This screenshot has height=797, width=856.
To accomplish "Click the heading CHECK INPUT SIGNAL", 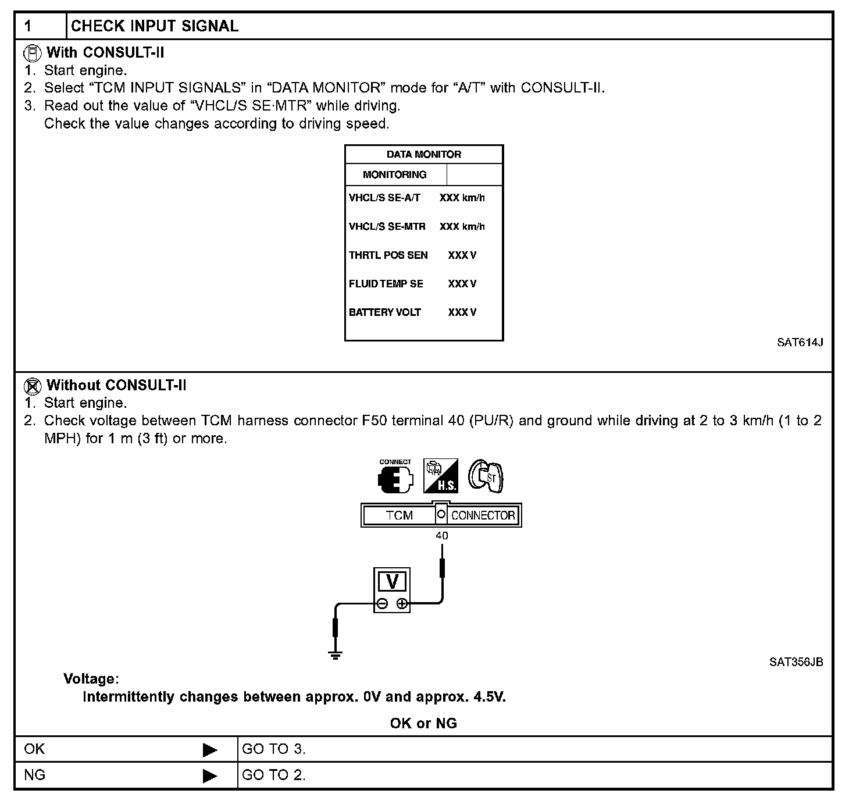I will [x=155, y=26].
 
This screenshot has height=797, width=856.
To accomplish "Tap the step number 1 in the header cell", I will [x=28, y=26].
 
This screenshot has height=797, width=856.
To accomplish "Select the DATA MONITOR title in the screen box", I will [x=423, y=154].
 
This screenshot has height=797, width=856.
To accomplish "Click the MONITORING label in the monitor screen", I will [x=394, y=175].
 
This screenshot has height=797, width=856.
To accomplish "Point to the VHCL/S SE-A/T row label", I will [x=384, y=198].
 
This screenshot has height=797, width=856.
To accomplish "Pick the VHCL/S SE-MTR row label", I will [x=387, y=226].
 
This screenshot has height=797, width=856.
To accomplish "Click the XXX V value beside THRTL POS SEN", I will [x=462, y=255].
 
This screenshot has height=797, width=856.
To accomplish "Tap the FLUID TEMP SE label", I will [x=386, y=284].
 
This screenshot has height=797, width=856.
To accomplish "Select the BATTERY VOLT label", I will [x=384, y=312].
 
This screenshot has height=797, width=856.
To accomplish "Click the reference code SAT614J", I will [x=800, y=342].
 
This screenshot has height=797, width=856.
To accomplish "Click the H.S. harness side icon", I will [x=440, y=476].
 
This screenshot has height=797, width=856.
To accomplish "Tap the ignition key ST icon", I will [x=487, y=476].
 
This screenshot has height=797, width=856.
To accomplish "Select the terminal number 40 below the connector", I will [x=441, y=536].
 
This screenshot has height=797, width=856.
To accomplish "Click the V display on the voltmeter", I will [x=392, y=582].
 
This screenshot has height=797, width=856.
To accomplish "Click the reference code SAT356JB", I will [x=796, y=662].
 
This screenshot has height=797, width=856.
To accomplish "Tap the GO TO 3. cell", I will [x=273, y=749].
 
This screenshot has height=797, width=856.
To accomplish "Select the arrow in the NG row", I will [x=210, y=775].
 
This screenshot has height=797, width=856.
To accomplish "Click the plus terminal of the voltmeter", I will [x=402, y=603].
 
